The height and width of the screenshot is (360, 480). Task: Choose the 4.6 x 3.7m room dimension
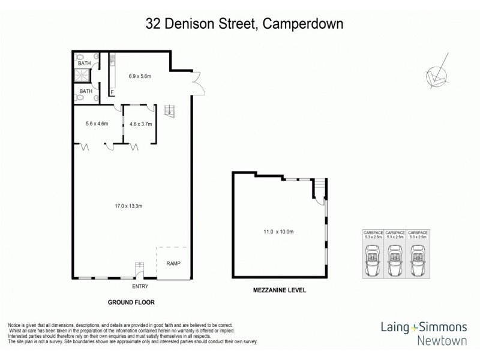pyautogui.click(x=141, y=124)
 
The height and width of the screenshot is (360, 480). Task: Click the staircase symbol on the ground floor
pyautogui.click(x=170, y=110)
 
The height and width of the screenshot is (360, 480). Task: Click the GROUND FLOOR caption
pyautogui.click(x=132, y=302)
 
